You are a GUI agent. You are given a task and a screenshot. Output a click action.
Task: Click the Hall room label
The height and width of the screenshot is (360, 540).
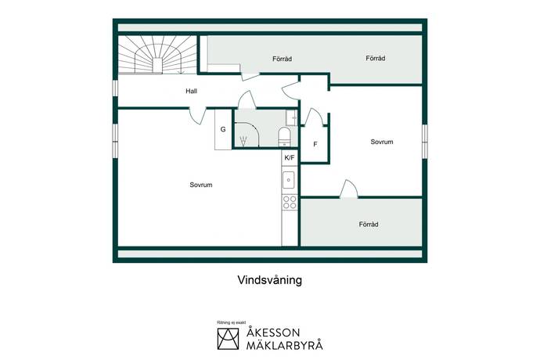(191, 91)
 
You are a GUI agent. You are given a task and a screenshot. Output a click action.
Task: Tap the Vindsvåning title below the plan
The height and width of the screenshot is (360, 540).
(270, 279)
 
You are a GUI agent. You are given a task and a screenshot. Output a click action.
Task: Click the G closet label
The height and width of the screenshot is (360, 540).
(223, 130)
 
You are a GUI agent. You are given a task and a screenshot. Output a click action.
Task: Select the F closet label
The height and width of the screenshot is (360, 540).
(315, 144)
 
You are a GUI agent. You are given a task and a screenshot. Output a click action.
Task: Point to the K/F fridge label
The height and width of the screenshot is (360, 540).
(290, 158)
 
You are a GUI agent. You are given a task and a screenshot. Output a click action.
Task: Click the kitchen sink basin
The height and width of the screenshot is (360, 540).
(289, 180)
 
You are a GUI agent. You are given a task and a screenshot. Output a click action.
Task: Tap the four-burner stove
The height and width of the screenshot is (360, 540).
(290, 202)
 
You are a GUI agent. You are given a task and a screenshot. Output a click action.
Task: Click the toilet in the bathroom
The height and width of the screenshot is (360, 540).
(284, 136)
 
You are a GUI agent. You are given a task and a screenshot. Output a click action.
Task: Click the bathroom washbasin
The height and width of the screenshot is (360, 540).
(292, 117)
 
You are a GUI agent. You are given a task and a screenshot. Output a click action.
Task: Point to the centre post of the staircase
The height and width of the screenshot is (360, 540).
(157, 66)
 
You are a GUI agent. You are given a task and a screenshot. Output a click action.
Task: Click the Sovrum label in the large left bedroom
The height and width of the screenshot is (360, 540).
(201, 185)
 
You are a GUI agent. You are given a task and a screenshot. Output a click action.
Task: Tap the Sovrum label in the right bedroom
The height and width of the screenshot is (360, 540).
(382, 142)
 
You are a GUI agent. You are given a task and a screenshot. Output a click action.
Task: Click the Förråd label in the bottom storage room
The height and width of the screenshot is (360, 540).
(369, 225)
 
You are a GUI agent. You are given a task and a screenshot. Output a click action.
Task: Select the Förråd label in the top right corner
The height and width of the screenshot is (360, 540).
(376, 58)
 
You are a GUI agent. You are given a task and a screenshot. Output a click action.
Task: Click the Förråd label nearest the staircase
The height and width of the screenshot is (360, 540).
(282, 59)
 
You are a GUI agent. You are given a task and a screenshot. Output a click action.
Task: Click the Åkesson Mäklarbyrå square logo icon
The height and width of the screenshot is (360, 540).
(228, 339)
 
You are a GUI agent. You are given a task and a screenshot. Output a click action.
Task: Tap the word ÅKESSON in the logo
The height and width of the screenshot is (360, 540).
(273, 332)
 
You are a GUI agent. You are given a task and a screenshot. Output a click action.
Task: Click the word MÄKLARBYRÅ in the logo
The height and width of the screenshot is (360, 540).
(284, 345)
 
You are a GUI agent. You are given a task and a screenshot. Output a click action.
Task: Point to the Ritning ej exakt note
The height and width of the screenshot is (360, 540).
(232, 322)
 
